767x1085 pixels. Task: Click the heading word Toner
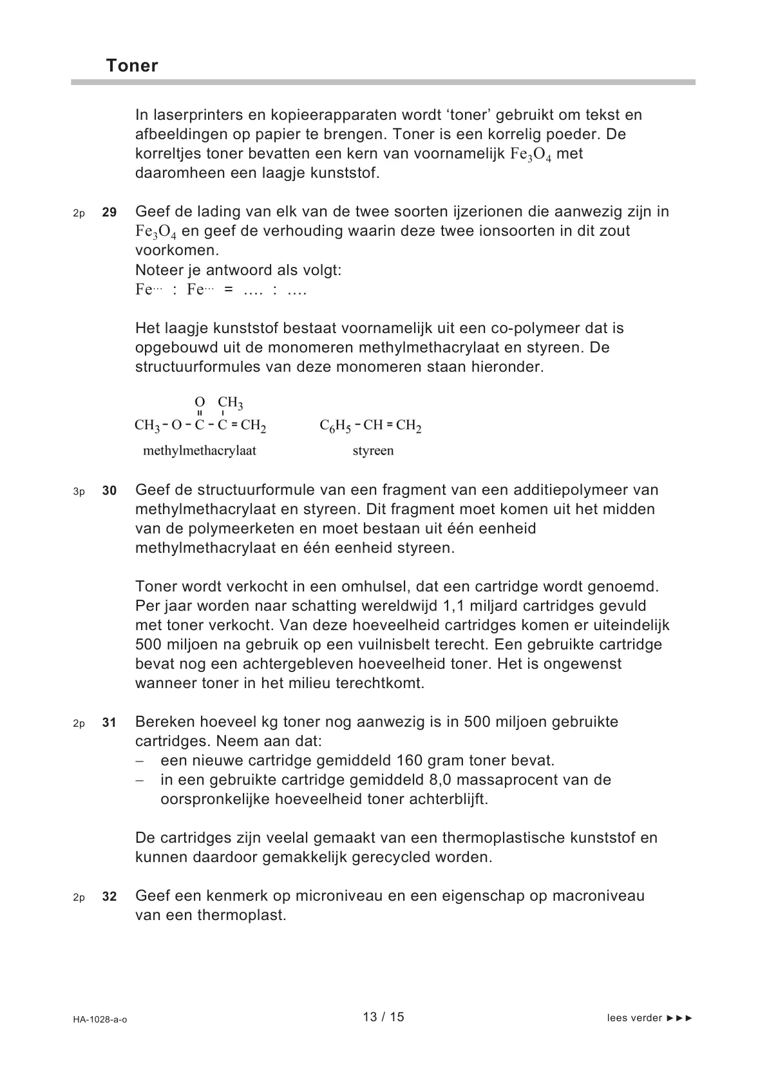132,66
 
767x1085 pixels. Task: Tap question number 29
109,212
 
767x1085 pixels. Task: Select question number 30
109,490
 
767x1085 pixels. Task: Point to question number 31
109,722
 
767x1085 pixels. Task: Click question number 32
109,896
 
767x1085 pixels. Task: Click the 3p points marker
79,491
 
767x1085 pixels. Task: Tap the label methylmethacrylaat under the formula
200,450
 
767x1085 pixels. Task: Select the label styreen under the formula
373,450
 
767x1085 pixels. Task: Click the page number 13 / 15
383,1017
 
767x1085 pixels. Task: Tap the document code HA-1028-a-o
100,1019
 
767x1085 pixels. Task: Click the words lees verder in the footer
634,1018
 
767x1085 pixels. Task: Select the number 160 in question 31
410,760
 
